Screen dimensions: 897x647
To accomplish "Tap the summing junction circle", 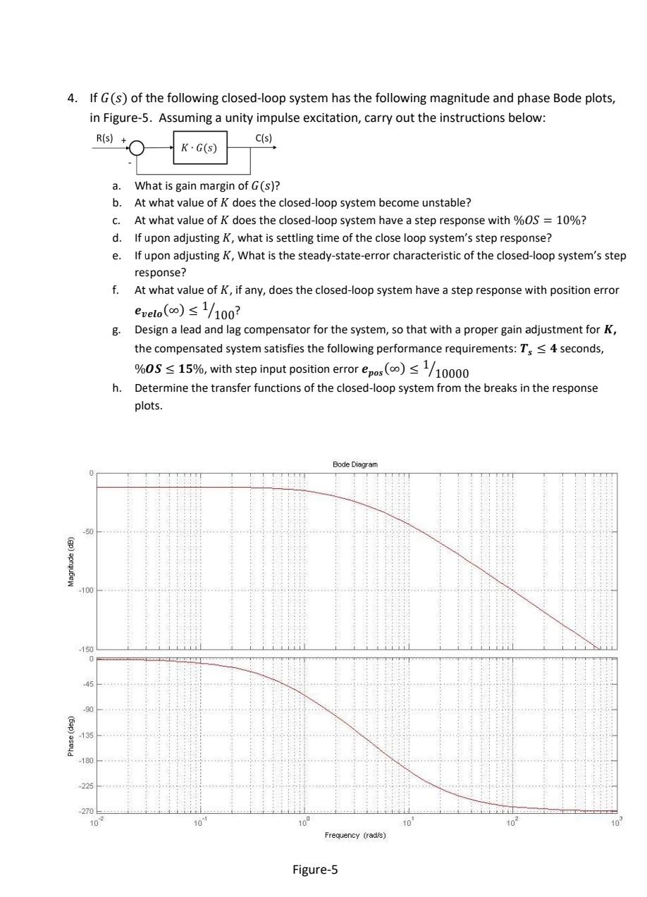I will pos(137,149).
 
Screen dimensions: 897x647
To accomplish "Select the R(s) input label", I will pos(103,139).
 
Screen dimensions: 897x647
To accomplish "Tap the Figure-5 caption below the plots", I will pos(315,870).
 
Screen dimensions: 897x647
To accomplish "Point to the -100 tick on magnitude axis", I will pos(87,590).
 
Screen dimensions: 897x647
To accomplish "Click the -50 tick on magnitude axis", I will pos(90,531).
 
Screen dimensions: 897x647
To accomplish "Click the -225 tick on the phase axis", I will pos(87,786).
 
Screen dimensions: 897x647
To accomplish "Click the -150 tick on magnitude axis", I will pos(87,648).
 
